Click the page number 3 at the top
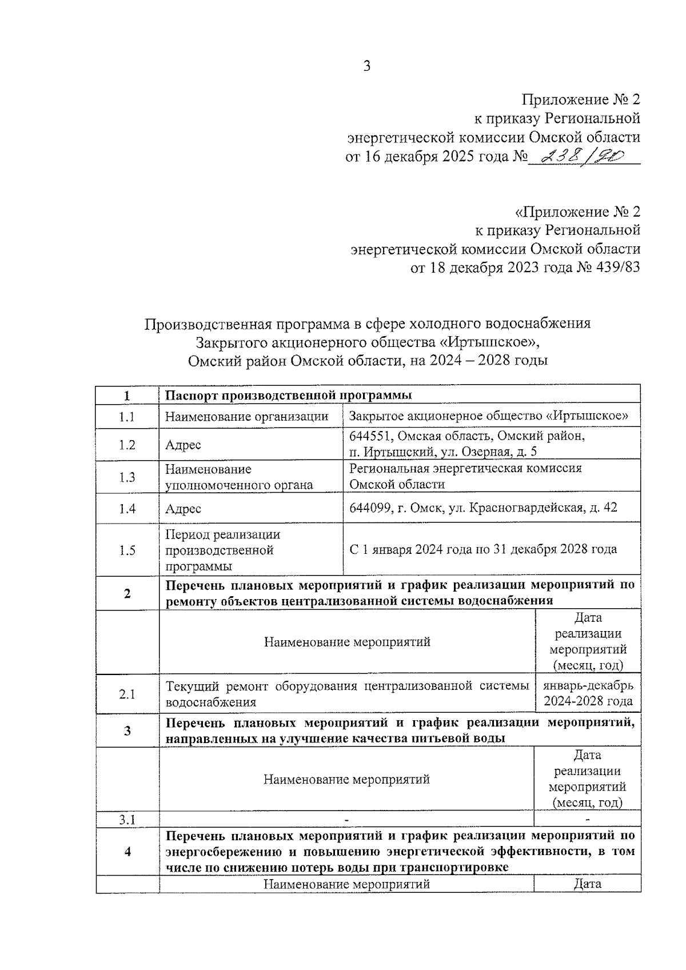click(366, 66)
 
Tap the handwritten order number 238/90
click(583, 155)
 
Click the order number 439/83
click(619, 268)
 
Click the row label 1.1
click(127, 417)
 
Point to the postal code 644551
click(371, 436)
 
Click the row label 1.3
click(127, 477)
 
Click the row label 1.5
click(127, 550)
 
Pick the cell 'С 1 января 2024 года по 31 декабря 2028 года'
click(483, 550)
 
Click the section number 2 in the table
click(127, 593)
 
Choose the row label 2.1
click(127, 694)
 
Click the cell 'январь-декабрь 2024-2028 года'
click(588, 693)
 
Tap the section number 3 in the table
click(127, 731)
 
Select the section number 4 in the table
click(127, 852)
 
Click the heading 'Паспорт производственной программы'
click(289, 396)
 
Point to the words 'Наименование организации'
click(247, 417)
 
